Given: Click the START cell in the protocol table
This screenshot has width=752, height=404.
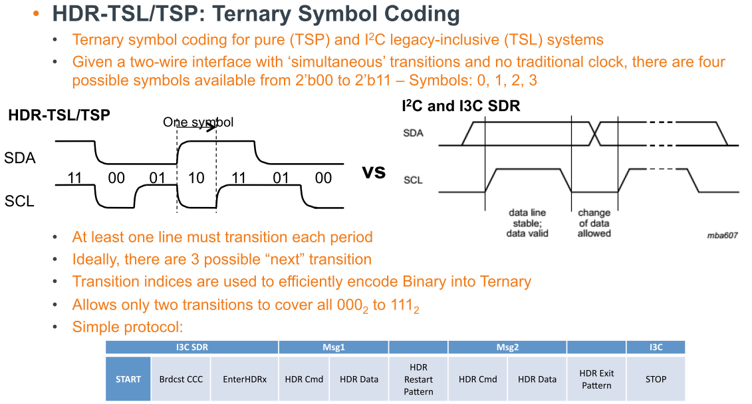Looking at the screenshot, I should [128, 379].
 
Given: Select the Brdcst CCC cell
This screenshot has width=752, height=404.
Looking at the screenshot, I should [181, 379].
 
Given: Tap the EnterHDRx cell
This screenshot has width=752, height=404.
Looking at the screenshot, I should [245, 379].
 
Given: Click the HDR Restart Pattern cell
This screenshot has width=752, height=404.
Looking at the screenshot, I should [418, 379].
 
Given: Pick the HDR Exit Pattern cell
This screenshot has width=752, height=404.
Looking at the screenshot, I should [596, 379].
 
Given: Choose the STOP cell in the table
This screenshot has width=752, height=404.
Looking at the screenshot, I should [655, 379].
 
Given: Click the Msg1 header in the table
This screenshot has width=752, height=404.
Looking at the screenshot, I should [333, 347].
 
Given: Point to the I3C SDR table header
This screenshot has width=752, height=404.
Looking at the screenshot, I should [191, 347].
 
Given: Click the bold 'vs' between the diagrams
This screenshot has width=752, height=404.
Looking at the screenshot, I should [374, 172].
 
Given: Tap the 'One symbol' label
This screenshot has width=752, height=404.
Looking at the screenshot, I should [198, 122].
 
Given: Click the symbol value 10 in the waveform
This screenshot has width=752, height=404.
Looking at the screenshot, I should [196, 178].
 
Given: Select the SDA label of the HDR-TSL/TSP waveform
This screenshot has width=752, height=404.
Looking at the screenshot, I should [20, 158].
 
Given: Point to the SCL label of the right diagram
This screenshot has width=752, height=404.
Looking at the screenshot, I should [413, 180].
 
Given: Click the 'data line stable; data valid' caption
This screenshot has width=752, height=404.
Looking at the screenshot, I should [527, 223].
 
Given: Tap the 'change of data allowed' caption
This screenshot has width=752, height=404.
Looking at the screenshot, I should [594, 223].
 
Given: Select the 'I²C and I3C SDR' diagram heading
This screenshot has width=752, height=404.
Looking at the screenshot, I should [461, 106].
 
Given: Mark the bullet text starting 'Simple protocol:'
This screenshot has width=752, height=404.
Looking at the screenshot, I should [127, 327].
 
